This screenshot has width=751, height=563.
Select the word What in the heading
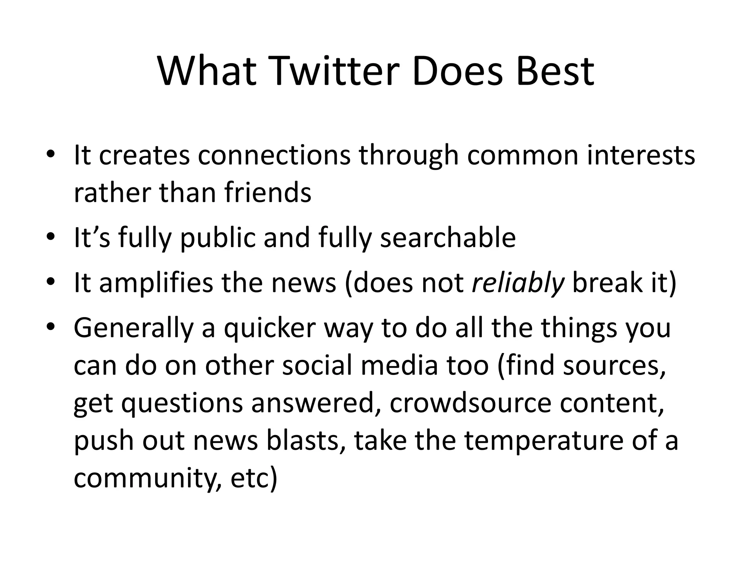[207, 71]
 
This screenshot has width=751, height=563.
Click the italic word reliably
[517, 283]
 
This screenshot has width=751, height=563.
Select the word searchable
[448, 238]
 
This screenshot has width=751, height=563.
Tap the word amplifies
[156, 283]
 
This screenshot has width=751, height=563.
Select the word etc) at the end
[254, 478]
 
